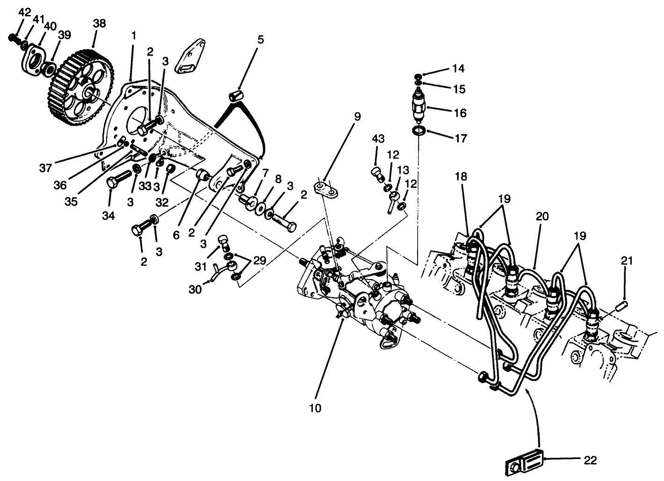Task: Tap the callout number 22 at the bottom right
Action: pyautogui.click(x=590, y=460)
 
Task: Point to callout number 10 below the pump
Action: pyautogui.click(x=315, y=408)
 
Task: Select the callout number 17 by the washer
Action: pyautogui.click(x=461, y=138)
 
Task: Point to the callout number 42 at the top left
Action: pyautogui.click(x=24, y=13)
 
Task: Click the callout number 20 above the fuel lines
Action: pyautogui.click(x=542, y=216)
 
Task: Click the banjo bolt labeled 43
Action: pyautogui.click(x=377, y=174)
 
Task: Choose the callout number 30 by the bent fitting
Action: pyautogui.click(x=195, y=290)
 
